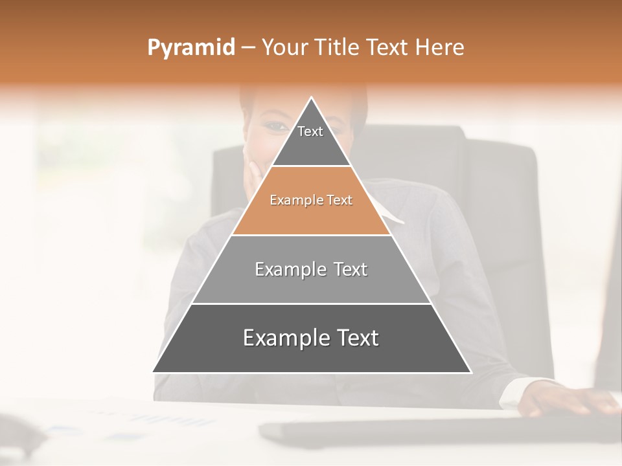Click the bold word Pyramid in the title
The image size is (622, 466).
[x=190, y=48]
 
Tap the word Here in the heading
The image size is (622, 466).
[x=440, y=48]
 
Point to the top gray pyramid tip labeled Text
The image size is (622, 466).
[x=310, y=136]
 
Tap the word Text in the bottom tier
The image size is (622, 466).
[x=354, y=338]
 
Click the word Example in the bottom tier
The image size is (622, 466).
[x=284, y=338]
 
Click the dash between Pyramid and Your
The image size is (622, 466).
[x=248, y=48]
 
